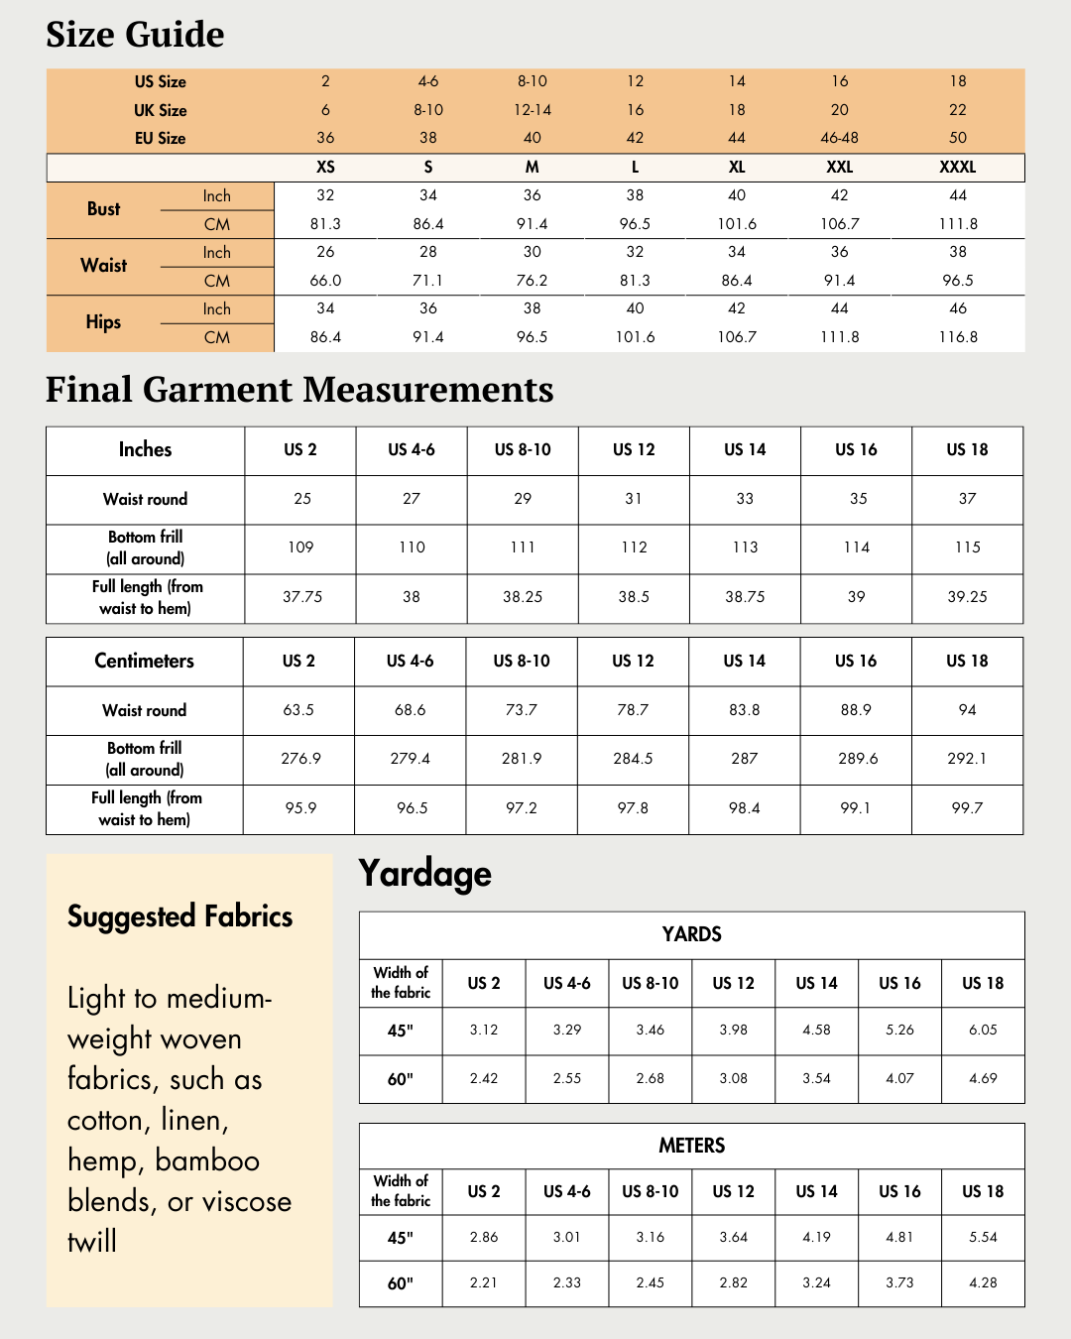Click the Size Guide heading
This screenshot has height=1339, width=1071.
tap(135, 35)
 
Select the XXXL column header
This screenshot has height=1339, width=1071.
tap(957, 167)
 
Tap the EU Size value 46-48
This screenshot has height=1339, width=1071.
tap(839, 138)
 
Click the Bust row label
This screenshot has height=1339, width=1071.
tap(103, 209)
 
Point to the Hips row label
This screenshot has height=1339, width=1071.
tap(103, 322)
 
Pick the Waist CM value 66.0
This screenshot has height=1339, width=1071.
tap(325, 281)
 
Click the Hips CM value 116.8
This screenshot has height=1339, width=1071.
tap(957, 337)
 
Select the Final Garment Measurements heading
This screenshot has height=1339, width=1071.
tap(299, 390)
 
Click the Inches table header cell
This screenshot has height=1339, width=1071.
tap(145, 449)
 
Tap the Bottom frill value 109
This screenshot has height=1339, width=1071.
tap(300, 548)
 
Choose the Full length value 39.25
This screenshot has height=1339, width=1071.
tap(967, 597)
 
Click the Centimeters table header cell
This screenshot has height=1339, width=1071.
tap(144, 661)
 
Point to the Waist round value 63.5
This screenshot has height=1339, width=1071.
tap(298, 710)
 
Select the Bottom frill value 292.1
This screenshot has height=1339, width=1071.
tap(967, 759)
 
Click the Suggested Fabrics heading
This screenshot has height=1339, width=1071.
tap(179, 916)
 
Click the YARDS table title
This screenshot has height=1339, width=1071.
tap(691, 934)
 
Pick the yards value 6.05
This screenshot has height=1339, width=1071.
tap(983, 1030)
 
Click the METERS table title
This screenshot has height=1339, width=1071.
tap(691, 1146)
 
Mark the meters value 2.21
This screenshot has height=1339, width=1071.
tap(484, 1282)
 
